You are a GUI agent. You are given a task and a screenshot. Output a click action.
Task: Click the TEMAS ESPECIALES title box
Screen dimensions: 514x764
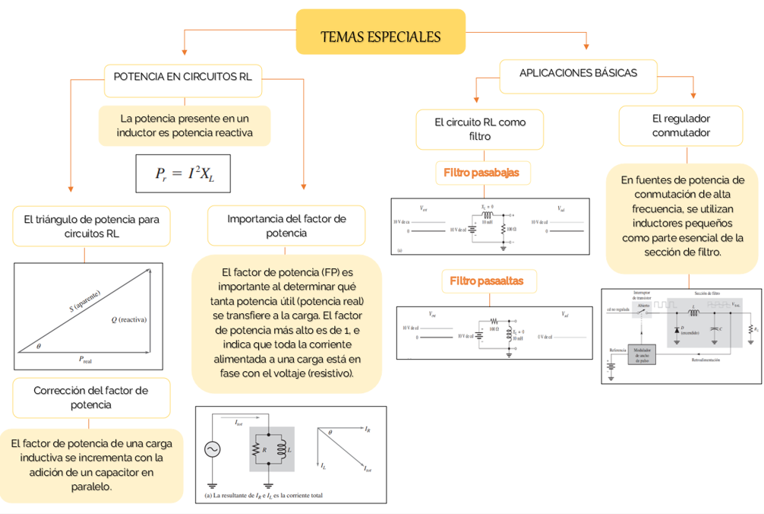click(380, 36)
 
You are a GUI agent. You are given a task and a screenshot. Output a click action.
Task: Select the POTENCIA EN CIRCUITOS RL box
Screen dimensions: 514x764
click(183, 77)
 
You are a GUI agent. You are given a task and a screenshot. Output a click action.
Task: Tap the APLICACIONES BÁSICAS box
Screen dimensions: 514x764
click(578, 74)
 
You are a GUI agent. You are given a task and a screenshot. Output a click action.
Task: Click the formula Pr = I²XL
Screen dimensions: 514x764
click(182, 173)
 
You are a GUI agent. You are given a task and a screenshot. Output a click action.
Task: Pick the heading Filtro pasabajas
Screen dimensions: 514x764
click(481, 173)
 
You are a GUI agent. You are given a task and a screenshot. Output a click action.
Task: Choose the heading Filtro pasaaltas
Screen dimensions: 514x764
click(486, 281)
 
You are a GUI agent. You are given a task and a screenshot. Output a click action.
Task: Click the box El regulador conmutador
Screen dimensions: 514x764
click(680, 125)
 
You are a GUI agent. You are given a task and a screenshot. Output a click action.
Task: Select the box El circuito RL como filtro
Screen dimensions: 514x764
click(479, 129)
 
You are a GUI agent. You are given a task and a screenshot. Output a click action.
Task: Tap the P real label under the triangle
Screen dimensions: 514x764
click(85, 359)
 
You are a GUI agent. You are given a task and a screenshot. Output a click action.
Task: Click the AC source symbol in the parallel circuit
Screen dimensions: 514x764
click(213, 449)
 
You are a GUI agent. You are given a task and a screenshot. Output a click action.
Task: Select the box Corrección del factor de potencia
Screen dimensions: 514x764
click(91, 398)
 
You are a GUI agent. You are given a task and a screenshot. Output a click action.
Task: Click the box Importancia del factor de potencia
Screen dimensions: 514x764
click(286, 226)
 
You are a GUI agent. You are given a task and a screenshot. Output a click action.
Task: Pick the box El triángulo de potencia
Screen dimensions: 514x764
click(91, 227)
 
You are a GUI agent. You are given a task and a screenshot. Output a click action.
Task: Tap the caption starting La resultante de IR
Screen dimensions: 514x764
click(264, 496)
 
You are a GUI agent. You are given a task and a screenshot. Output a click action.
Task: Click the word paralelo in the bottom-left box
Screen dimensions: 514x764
click(92, 487)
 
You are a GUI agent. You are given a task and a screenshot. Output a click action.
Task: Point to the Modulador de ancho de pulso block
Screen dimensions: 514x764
click(641, 354)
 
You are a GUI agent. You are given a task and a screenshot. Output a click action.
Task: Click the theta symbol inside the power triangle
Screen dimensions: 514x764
click(39, 346)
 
